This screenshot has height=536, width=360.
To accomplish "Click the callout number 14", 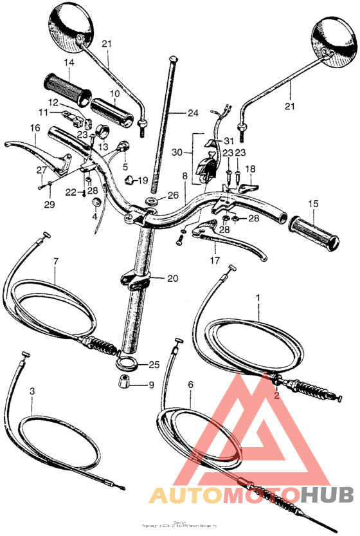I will tap(69, 62).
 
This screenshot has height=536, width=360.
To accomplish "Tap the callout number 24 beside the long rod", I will tap(175, 114).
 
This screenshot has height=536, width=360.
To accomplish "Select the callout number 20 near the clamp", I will tap(172, 279).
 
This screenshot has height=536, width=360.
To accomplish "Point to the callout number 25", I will tap(154, 365).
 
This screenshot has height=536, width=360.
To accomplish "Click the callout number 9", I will tap(151, 385).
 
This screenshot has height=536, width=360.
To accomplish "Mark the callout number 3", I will tap(33, 391).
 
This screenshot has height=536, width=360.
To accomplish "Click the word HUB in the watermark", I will tap(326, 495).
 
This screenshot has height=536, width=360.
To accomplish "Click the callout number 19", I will tap(142, 180).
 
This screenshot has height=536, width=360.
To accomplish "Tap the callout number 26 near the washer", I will tap(172, 195).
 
